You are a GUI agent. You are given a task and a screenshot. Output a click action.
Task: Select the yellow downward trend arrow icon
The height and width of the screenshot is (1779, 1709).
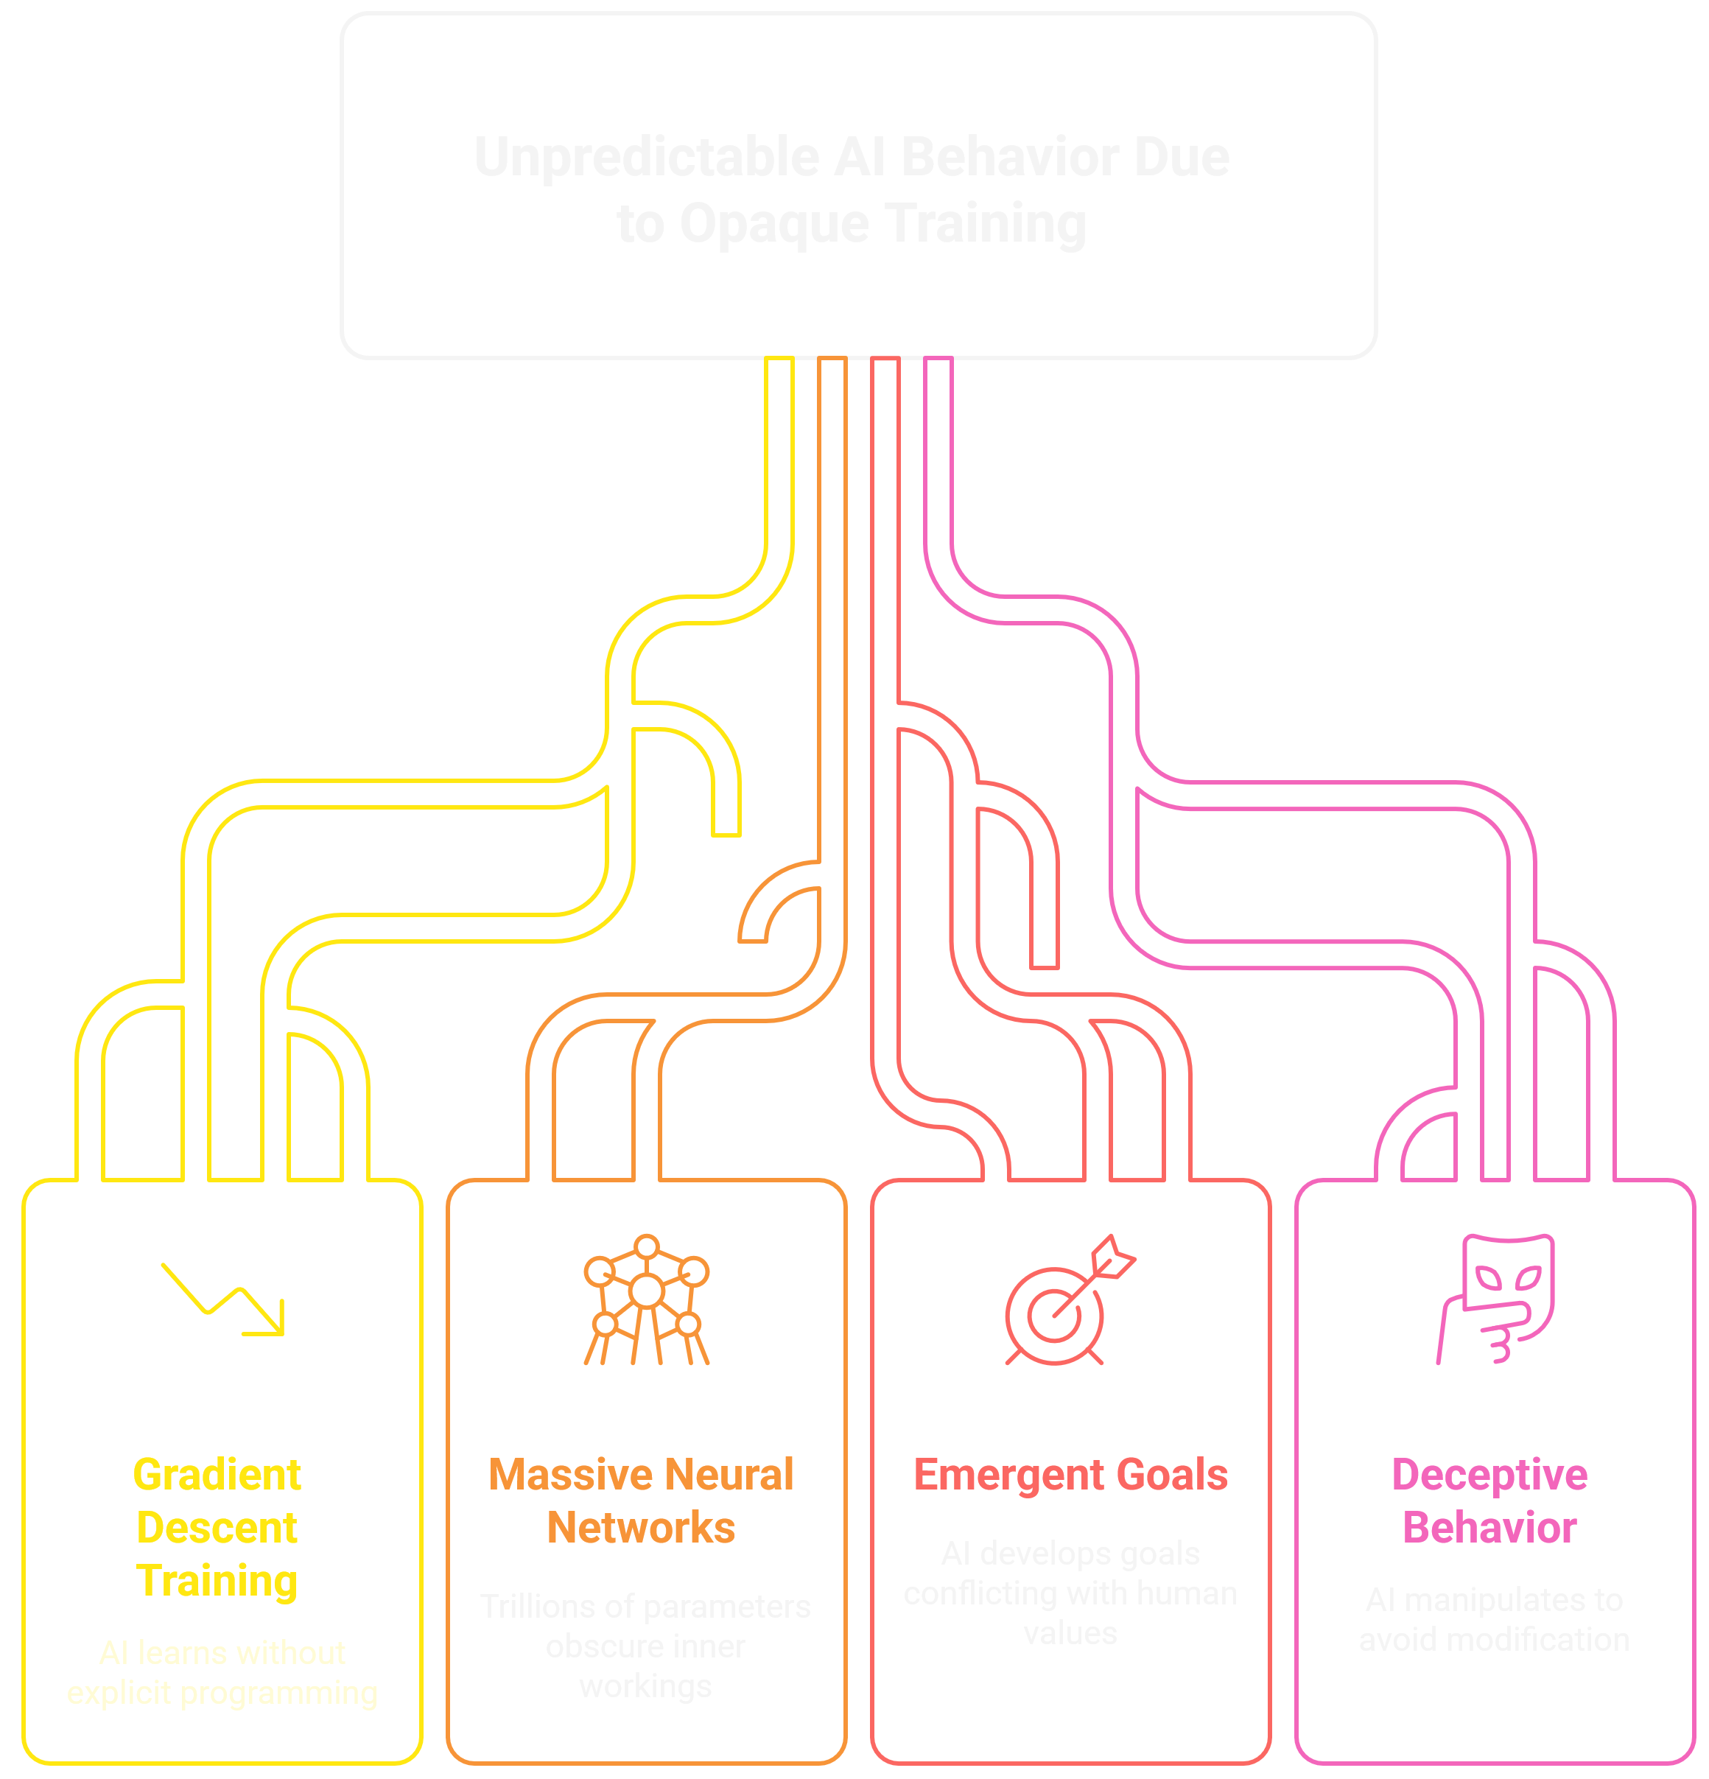[x=223, y=1299]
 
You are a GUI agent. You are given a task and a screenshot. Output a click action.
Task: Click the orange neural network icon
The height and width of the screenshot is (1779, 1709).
[x=646, y=1299]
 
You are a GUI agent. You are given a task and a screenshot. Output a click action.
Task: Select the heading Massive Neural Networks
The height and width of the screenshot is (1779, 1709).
[x=641, y=1501]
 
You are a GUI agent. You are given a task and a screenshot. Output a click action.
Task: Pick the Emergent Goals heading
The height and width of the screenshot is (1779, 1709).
[x=1070, y=1475]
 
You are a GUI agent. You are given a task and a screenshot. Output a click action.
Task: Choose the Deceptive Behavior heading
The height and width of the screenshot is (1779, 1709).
[x=1489, y=1501]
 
